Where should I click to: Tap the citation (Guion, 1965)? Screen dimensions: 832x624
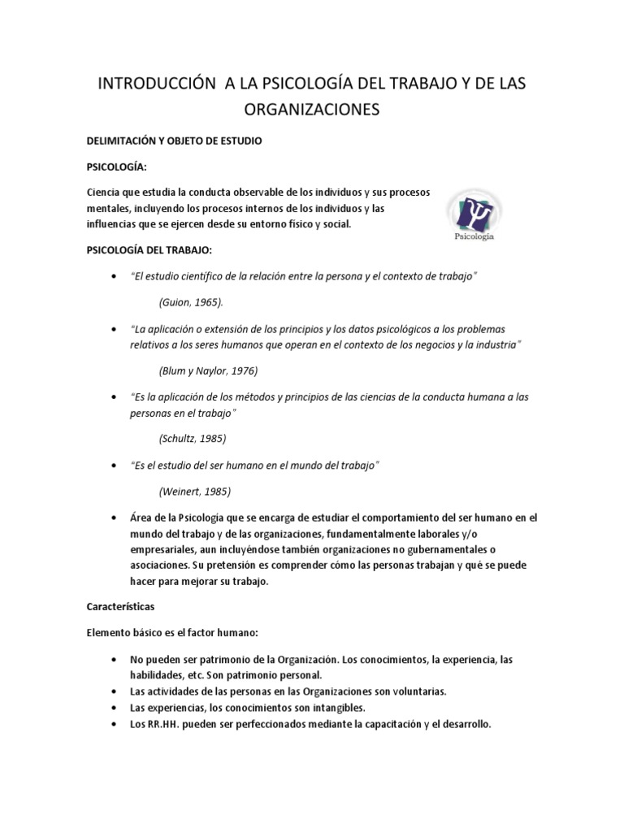190,301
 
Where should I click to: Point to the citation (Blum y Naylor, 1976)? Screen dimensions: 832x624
208,370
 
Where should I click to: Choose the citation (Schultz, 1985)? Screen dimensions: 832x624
192,438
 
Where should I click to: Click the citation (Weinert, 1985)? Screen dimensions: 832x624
194,492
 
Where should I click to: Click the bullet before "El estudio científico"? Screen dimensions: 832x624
112,276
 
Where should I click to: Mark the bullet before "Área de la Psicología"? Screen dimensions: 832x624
112,517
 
